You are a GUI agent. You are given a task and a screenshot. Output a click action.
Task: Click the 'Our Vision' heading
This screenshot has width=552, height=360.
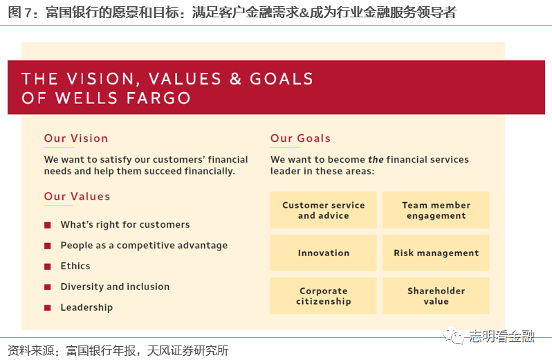pos(75,138)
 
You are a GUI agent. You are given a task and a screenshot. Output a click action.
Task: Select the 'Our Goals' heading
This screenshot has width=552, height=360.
pos(300,138)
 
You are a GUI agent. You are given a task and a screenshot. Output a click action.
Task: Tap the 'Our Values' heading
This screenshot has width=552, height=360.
pos(77,197)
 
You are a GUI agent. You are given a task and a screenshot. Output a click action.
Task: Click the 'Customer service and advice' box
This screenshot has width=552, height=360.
pos(323,210)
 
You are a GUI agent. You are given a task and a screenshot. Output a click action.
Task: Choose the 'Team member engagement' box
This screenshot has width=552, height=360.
pos(436,210)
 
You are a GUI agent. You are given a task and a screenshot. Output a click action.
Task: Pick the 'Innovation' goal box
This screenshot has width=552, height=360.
pos(323,253)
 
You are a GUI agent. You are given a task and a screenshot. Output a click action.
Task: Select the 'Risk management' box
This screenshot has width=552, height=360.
pos(436,253)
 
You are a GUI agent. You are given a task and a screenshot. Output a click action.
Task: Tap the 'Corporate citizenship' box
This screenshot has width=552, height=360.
pos(323,296)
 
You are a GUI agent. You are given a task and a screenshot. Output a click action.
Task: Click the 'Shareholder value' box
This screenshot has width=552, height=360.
pos(436,296)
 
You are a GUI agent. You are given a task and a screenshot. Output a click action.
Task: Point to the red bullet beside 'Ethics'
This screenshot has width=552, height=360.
pos(48,267)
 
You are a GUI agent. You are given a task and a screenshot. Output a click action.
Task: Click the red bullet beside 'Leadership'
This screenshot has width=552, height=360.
pos(48,308)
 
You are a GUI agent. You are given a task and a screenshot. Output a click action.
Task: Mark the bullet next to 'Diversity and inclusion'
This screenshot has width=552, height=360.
pos(48,287)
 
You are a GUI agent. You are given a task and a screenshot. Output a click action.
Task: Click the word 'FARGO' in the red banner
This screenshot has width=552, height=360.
pos(158,98)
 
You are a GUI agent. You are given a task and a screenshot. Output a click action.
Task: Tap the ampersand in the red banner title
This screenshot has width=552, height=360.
pos(235,78)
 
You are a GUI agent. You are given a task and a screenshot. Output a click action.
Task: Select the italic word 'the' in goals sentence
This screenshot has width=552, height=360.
pos(376,159)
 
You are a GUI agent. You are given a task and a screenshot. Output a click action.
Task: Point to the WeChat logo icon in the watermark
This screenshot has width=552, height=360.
pos(454,336)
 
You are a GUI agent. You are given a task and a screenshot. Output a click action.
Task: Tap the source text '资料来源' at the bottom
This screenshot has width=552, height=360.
pos(30,350)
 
